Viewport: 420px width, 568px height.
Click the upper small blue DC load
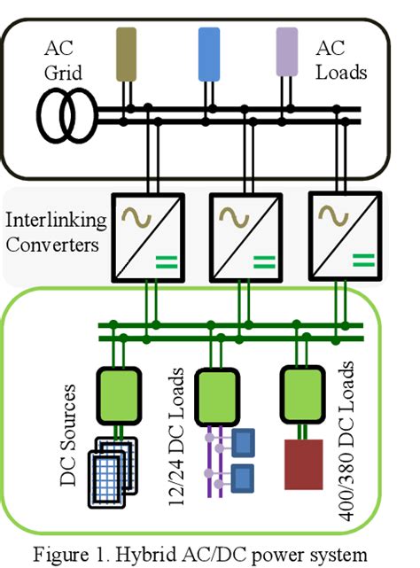click(x=242, y=440)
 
